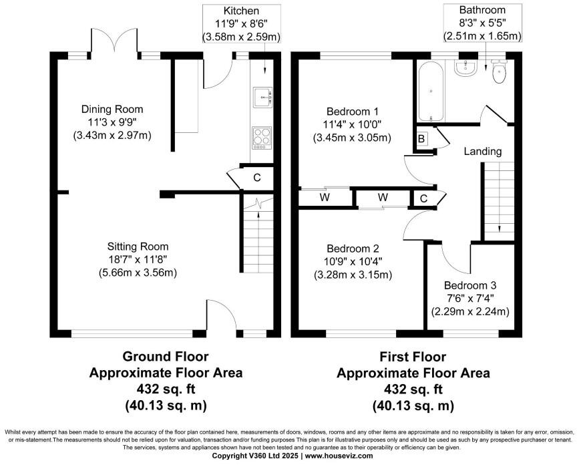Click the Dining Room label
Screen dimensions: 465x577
click(112, 110)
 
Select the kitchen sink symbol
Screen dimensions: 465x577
click(262, 97)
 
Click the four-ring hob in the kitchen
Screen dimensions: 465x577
click(262, 139)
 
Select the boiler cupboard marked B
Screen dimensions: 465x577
click(421, 139)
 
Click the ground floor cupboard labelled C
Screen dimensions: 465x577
click(256, 177)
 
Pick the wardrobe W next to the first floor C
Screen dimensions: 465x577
click(382, 198)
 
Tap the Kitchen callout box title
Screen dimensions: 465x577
click(241, 11)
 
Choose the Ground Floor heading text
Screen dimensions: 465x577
click(165, 357)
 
